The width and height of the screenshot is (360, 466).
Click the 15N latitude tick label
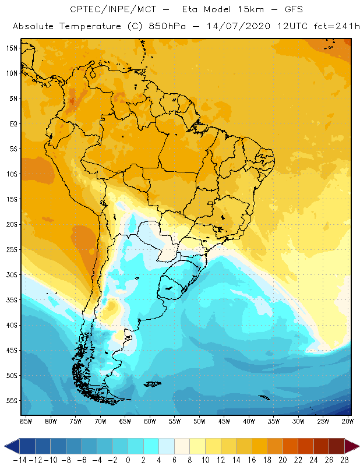[12, 48]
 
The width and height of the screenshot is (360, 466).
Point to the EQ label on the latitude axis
[12, 123]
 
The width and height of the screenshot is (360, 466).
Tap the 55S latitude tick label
[12, 401]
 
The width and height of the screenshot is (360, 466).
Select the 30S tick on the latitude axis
[12, 274]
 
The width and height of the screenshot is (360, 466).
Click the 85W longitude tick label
[26, 421]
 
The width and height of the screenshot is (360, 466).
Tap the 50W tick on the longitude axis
[199, 421]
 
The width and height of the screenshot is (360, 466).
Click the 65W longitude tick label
[125, 421]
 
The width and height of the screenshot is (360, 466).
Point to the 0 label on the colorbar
[128, 460]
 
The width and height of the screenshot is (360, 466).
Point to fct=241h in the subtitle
[328, 27]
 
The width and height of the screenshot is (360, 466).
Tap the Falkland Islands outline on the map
[153, 383]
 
